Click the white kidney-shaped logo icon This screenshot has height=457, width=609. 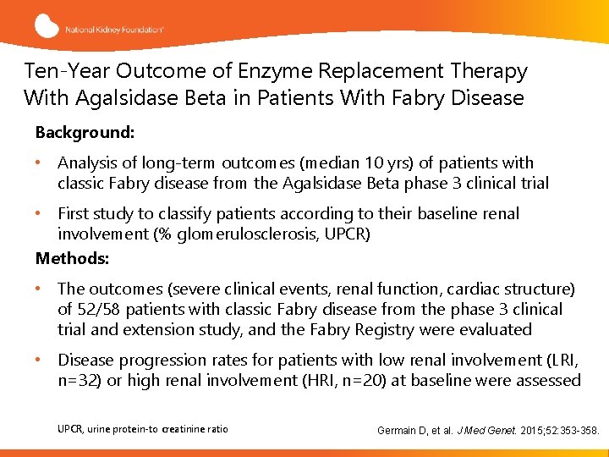(47, 25)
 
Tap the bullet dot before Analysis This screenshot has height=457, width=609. (40, 162)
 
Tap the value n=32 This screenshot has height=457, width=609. (80, 380)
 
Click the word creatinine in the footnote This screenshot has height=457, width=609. (184, 429)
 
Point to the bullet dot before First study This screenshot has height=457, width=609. (40, 213)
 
